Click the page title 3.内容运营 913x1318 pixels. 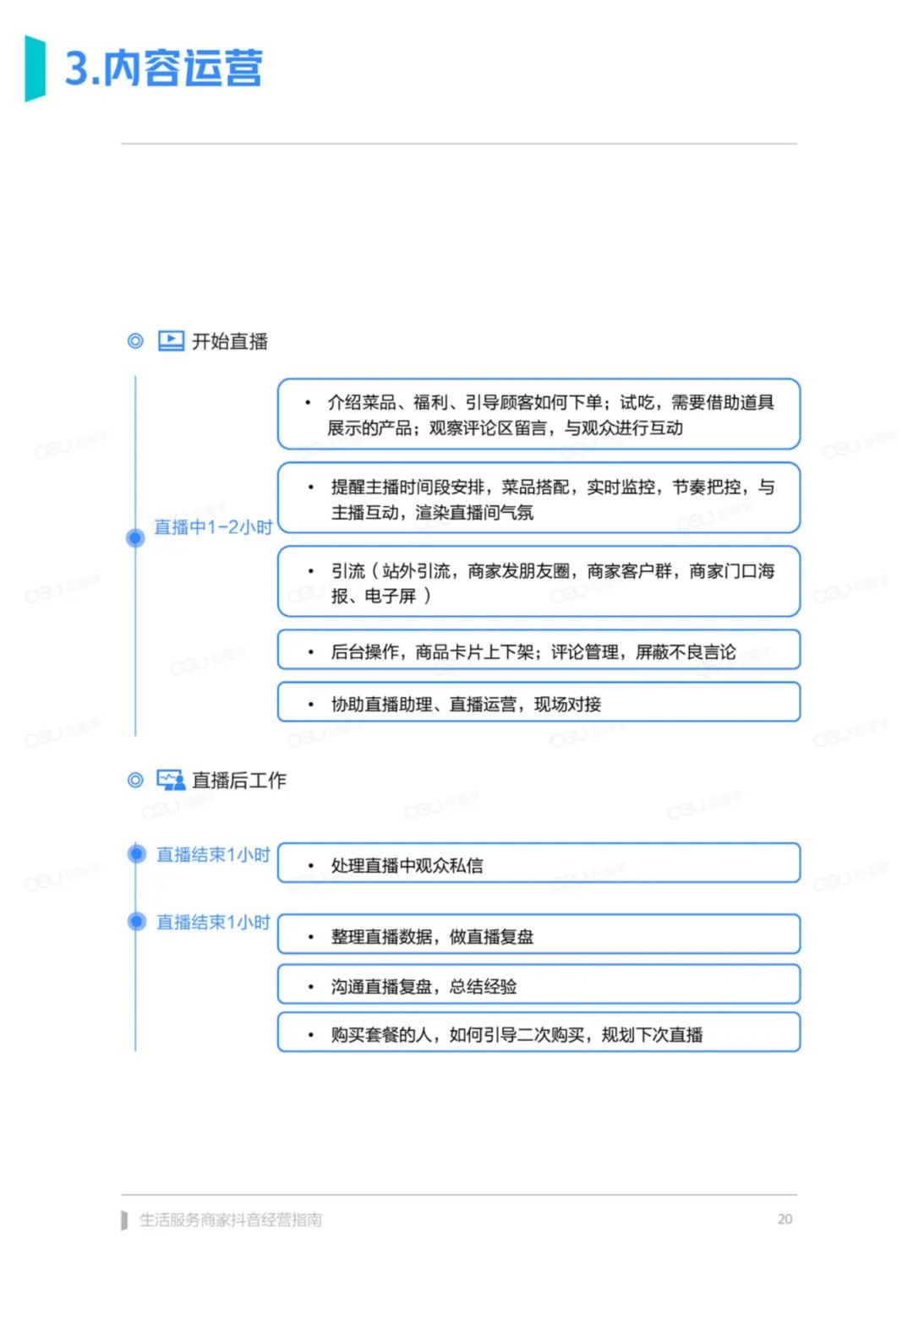[x=163, y=68]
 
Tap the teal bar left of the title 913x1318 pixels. [x=35, y=68]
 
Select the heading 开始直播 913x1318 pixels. [x=230, y=341]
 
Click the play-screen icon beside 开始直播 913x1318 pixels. [x=171, y=340]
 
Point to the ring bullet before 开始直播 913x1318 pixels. [x=135, y=340]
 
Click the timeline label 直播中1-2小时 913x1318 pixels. [x=213, y=527]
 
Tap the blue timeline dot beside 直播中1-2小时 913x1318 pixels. [x=135, y=537]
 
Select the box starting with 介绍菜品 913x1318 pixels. [x=539, y=414]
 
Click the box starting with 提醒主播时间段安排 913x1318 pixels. [x=539, y=498]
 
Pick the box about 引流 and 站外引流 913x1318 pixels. [x=539, y=582]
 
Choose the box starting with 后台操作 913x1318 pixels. [x=539, y=651]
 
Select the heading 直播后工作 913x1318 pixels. [x=239, y=781]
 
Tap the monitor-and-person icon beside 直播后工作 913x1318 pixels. [x=171, y=780]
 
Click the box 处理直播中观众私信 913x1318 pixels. [x=539, y=863]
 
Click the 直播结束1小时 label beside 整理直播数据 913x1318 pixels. [x=213, y=922]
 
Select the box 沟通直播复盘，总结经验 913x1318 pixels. [x=539, y=984]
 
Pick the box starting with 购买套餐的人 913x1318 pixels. [x=539, y=1032]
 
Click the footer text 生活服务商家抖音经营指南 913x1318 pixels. [x=231, y=1220]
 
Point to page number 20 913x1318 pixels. [x=785, y=1219]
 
